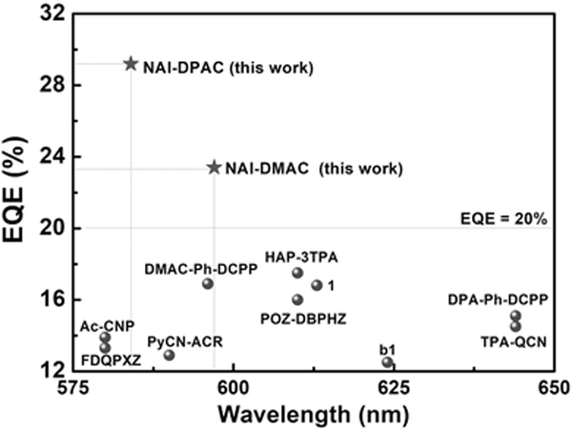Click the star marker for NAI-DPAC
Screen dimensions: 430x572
tap(132, 64)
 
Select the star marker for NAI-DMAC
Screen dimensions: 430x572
tap(214, 167)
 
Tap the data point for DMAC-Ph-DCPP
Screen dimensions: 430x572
tap(208, 283)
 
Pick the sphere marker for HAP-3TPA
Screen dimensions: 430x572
tap(297, 273)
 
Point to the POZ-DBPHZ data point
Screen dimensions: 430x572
tap(297, 299)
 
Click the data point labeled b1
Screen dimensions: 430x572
tap(387, 362)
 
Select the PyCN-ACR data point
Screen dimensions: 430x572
tap(169, 355)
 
